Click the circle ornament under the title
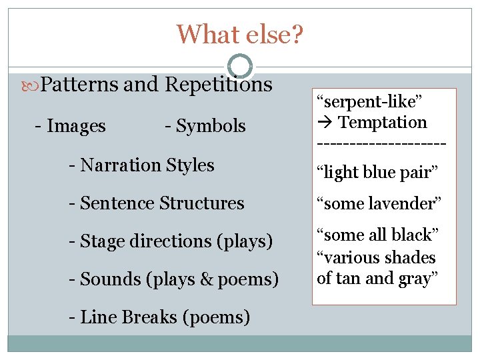[240, 66]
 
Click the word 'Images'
[76, 126]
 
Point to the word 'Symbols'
[211, 126]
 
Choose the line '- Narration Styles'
[141, 165]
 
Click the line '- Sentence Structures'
[156, 203]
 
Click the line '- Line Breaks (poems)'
[159, 317]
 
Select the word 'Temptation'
[383, 123]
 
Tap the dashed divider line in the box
[381, 143]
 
